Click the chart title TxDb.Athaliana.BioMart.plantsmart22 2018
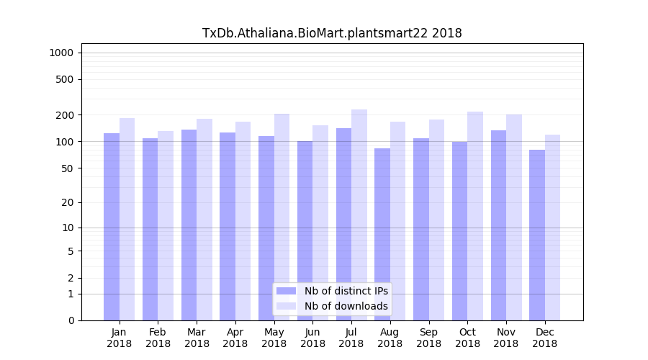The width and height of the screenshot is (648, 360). coord(332,33)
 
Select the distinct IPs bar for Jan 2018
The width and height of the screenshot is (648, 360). coord(112,227)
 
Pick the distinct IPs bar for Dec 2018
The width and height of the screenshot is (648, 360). coord(537,235)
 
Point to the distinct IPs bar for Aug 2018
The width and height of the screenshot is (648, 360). coord(382,234)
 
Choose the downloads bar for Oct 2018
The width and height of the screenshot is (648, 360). coord(475,216)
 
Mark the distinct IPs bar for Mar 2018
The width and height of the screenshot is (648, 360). coord(189,225)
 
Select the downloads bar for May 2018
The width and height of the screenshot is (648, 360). coord(282,217)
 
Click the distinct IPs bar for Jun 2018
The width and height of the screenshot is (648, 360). coord(305,230)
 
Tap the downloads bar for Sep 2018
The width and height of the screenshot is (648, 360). coord(436,220)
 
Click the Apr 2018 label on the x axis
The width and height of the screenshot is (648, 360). coord(235,338)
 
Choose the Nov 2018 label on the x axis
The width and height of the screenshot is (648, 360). coord(506,338)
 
